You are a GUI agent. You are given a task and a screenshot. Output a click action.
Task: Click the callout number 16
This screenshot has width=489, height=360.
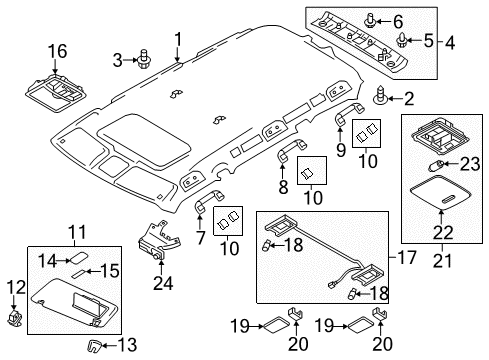(60, 50)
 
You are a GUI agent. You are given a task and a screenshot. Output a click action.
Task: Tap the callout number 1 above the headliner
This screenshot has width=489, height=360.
(178, 41)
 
